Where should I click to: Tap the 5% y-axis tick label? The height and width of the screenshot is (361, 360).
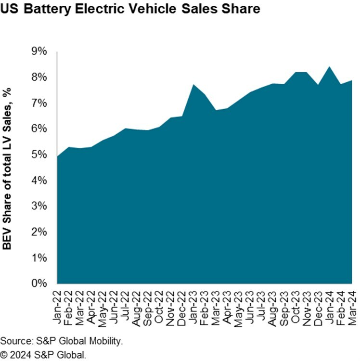click(39, 155)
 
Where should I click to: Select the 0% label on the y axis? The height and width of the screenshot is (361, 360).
click(39, 283)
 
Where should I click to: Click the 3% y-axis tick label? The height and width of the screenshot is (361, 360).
click(39, 206)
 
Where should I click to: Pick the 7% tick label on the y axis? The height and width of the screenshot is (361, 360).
click(39, 103)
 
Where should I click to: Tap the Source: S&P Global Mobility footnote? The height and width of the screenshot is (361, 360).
click(62, 341)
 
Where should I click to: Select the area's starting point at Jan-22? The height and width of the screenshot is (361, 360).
click(57, 156)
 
